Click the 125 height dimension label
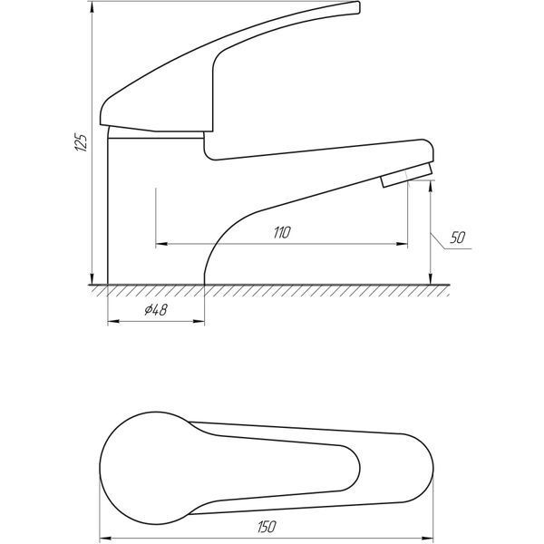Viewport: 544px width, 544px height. [x=81, y=141]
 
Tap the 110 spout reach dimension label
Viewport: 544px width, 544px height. [x=282, y=232]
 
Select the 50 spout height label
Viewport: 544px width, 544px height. [x=457, y=238]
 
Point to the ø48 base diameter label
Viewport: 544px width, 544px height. [x=156, y=309]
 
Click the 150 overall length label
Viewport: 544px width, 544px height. [x=267, y=527]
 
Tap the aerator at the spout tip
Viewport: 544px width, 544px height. [x=407, y=175]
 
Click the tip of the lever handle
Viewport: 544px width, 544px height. [x=359, y=7]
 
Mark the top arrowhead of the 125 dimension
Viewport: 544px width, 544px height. [x=92, y=7]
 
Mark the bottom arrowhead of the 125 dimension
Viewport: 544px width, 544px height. [x=92, y=278]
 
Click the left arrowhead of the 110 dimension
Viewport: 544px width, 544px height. [x=161, y=244]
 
